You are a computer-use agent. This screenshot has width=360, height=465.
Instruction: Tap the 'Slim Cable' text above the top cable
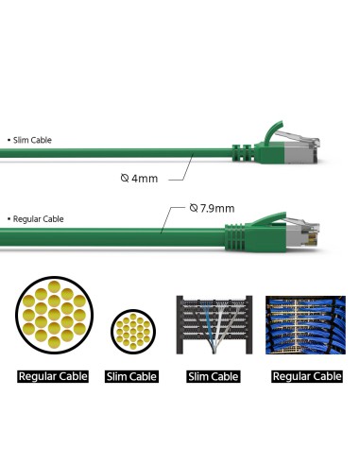pyautogui.click(x=32, y=140)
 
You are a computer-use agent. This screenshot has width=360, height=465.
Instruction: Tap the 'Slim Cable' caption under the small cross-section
pyautogui.click(x=132, y=376)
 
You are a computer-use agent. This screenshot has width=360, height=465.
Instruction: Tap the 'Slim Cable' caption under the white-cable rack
pyautogui.click(x=213, y=376)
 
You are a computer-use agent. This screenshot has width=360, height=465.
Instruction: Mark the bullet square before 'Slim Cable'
pyautogui.click(x=9, y=140)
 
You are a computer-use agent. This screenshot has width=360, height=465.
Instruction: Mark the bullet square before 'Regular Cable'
pyautogui.click(x=9, y=219)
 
